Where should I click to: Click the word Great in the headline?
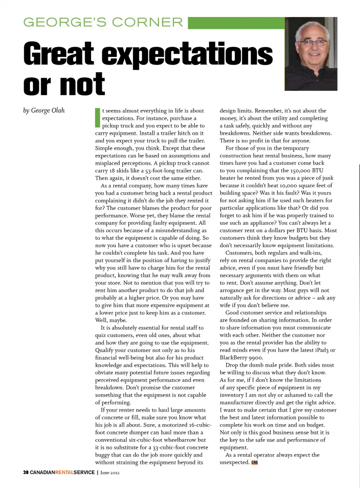[58, 54]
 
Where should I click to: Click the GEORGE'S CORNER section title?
[103, 23]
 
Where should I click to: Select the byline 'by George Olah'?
[44, 110]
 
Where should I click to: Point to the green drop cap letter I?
[97, 117]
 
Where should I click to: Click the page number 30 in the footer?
[25, 472]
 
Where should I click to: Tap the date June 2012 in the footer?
[110, 473]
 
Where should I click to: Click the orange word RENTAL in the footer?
[64, 472]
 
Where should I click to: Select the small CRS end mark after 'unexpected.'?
[255, 462]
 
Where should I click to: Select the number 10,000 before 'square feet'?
[289, 185]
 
